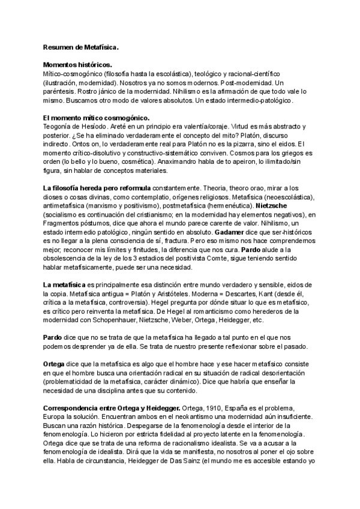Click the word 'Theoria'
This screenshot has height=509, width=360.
click(x=225, y=188)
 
